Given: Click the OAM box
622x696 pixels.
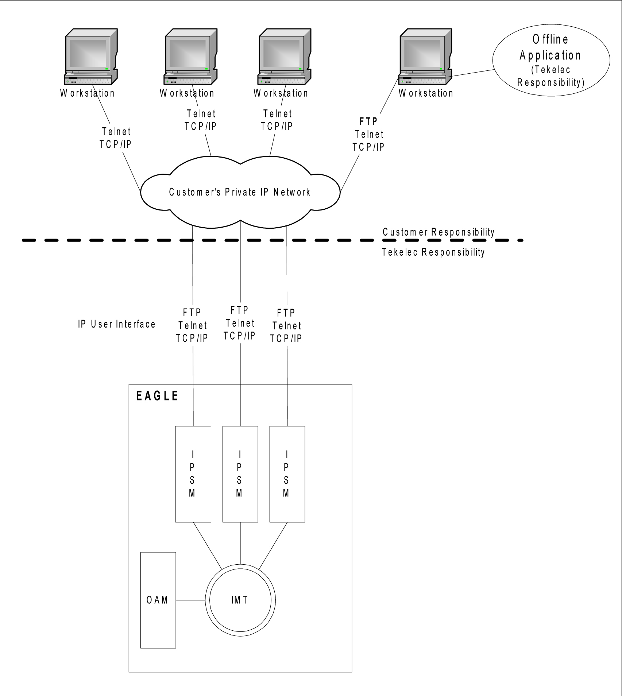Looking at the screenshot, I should (158, 600).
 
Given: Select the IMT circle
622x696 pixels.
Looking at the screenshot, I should (240, 600).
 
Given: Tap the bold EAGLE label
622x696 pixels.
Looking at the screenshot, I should (157, 396).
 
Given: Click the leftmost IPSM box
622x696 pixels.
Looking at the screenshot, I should (193, 474).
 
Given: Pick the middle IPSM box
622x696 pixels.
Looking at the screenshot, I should (240, 474).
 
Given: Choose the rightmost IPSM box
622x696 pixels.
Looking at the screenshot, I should (287, 474).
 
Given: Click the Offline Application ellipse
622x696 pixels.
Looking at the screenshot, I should (551, 60).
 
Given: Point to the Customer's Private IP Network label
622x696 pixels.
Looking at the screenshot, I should (240, 192).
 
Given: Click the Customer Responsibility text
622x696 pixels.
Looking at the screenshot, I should (439, 232).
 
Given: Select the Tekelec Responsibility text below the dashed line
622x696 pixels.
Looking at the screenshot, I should (433, 252).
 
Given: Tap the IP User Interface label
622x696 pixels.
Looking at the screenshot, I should (117, 324).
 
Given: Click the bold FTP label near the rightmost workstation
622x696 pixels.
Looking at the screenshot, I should (368, 121).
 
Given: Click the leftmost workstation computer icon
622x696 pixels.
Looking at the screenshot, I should (91, 57).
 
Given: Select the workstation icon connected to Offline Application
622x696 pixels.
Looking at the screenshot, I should (425, 57).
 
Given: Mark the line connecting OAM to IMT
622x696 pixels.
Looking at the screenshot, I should (190, 600).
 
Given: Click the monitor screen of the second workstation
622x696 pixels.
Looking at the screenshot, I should (188, 53).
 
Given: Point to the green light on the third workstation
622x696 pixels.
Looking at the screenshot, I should (300, 69).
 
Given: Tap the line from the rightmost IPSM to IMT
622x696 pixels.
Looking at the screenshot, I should (273, 545).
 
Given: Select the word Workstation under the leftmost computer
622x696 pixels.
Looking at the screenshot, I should (88, 93).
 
